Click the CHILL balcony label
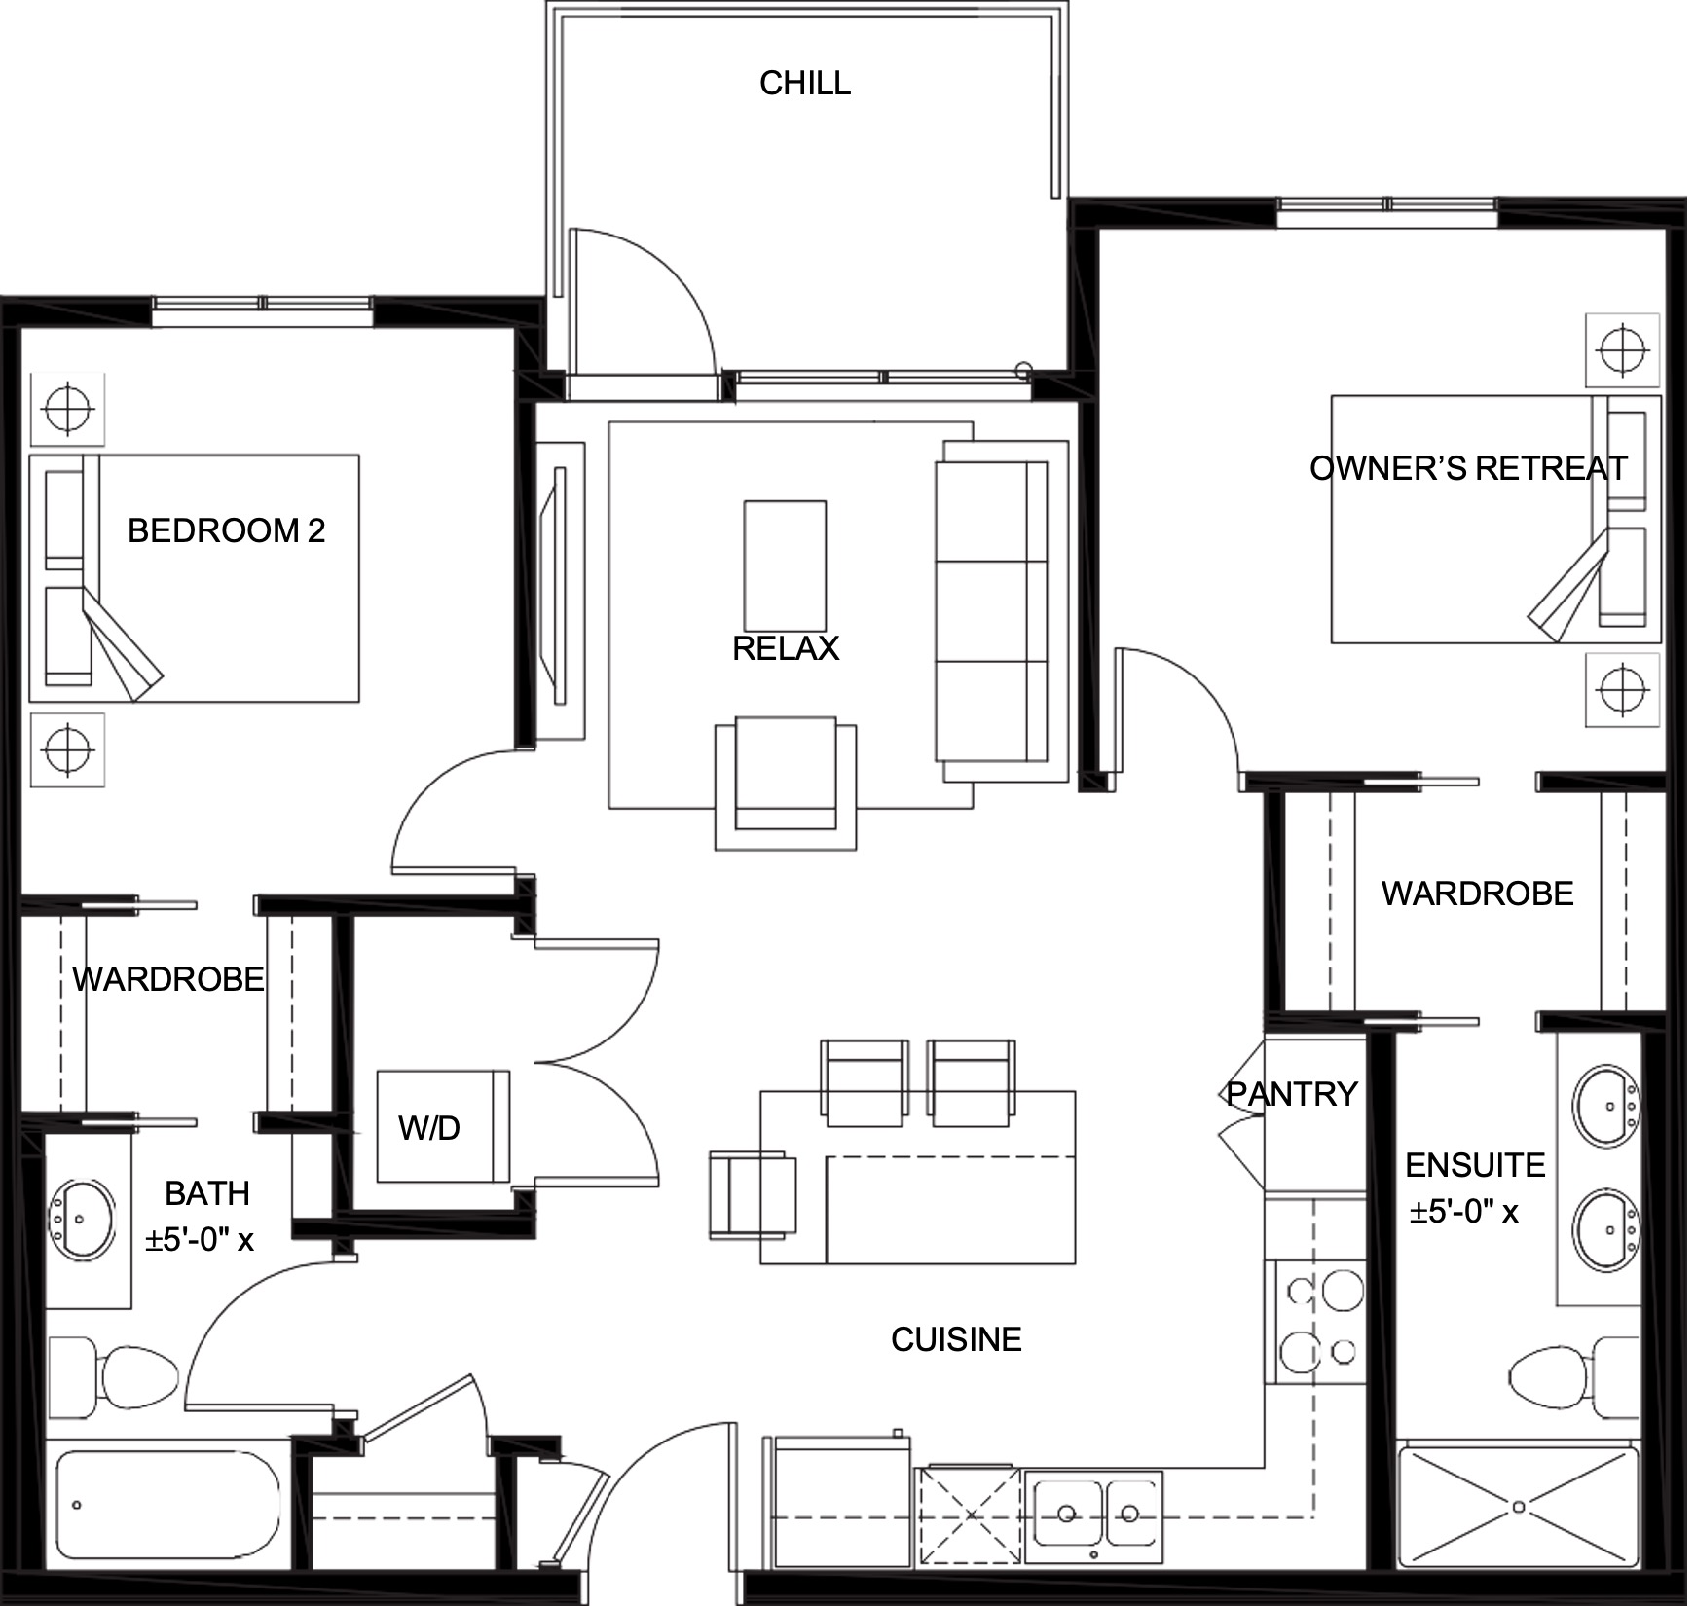[x=804, y=83]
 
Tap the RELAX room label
[x=785, y=648]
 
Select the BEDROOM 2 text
[x=226, y=530]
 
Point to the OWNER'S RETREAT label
[x=1467, y=468]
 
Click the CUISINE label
[x=956, y=1339]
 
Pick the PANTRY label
[x=1291, y=1094]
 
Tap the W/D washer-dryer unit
[x=443, y=1126]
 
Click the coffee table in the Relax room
[x=785, y=566]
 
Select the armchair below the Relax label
[x=786, y=784]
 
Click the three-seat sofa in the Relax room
[x=1001, y=611]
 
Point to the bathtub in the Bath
[x=167, y=1505]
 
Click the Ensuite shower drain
[x=1519, y=1507]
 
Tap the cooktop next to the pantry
[x=1315, y=1321]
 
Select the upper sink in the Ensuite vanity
[x=1607, y=1106]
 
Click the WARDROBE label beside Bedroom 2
[x=168, y=979]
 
